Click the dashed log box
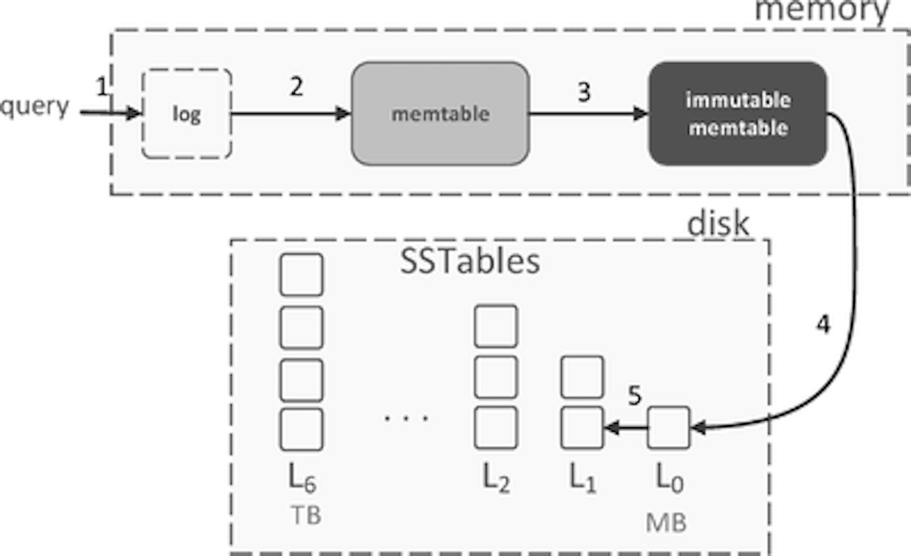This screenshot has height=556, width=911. point(186,114)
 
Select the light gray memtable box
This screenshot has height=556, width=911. point(440,114)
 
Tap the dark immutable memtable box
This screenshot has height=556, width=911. point(738,114)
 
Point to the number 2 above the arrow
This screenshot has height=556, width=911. point(296,87)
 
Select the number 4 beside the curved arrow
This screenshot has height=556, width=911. point(823,325)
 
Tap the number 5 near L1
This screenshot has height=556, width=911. point(634,395)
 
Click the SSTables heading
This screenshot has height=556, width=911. point(470,262)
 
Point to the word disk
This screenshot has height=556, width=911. point(718,224)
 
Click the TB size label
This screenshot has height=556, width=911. point(306,516)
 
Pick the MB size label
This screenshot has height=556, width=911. point(666,522)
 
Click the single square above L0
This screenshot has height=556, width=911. point(669,427)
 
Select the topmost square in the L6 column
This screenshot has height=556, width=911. point(301,275)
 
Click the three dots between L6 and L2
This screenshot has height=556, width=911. point(407,419)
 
